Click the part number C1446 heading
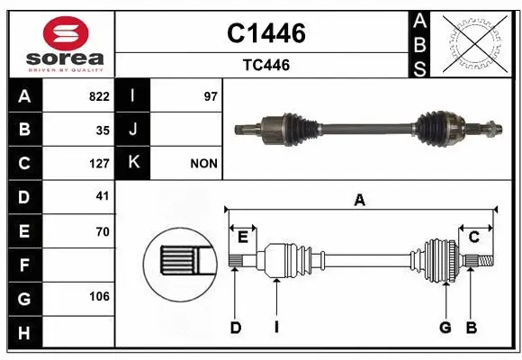[265, 33]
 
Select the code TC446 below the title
[265, 65]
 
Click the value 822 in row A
[99, 96]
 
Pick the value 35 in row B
[102, 130]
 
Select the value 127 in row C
[99, 164]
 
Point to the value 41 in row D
[102, 196]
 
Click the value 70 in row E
[102, 231]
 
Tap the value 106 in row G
[99, 298]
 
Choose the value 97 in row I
[211, 96]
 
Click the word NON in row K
[204, 164]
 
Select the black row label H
[23, 332]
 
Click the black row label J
[133, 130]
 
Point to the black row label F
[23, 265]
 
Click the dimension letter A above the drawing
[359, 201]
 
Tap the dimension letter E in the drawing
[242, 237]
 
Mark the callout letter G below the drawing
[445, 328]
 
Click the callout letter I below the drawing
[276, 328]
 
